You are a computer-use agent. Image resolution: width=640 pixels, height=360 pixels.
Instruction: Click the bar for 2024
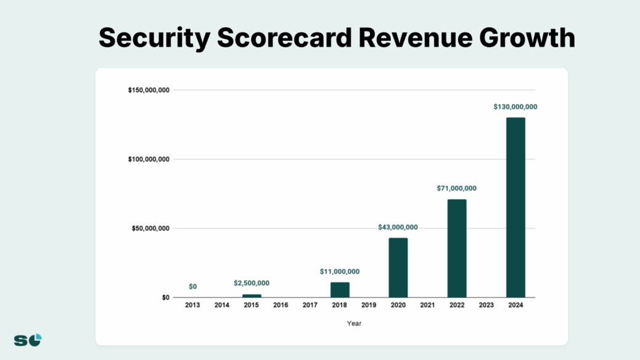(515, 207)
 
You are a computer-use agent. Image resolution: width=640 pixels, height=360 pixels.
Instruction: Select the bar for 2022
(457, 248)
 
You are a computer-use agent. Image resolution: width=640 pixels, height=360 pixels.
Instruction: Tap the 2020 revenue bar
(398, 268)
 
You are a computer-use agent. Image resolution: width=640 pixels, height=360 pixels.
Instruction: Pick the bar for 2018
(340, 290)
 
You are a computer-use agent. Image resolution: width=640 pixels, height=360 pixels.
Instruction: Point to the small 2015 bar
(252, 296)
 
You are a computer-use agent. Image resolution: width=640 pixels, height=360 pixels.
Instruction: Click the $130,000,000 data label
(515, 107)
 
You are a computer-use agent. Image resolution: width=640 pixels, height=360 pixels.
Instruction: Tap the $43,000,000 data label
(398, 227)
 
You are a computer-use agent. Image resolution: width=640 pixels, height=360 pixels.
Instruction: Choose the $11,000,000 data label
(340, 271)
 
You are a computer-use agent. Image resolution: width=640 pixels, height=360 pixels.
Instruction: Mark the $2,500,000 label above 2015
(252, 283)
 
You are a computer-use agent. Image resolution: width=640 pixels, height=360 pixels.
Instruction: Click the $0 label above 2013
(193, 287)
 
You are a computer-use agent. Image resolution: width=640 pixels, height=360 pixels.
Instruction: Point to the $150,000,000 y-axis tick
(149, 91)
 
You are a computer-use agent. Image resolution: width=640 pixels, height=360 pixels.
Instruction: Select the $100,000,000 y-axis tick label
(149, 160)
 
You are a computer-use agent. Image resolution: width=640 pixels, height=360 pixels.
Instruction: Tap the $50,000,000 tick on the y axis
(150, 229)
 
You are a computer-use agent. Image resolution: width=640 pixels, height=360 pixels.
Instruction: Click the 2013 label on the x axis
(192, 305)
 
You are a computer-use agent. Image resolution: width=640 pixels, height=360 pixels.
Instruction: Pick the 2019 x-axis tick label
(369, 305)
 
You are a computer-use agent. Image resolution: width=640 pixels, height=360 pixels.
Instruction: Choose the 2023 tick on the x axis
(486, 305)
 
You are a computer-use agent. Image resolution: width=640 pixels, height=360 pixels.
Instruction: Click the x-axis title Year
(354, 324)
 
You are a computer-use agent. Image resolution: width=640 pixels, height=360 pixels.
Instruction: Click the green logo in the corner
(28, 340)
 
